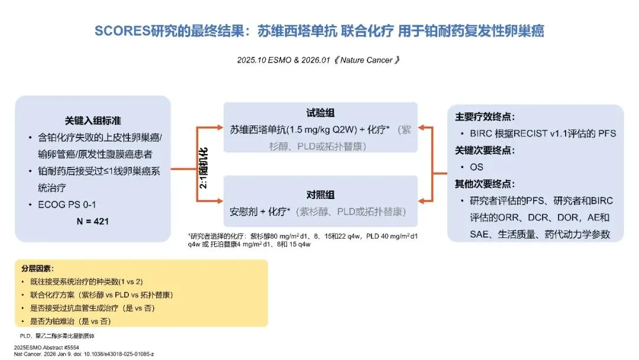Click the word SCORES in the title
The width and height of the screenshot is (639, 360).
120,31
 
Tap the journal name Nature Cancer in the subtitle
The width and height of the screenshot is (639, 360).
365,60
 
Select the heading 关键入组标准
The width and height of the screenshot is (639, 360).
93,120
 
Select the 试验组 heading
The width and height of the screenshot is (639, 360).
320,113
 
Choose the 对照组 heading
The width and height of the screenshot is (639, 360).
320,195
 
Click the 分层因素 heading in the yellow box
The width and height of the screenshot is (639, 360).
37,268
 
